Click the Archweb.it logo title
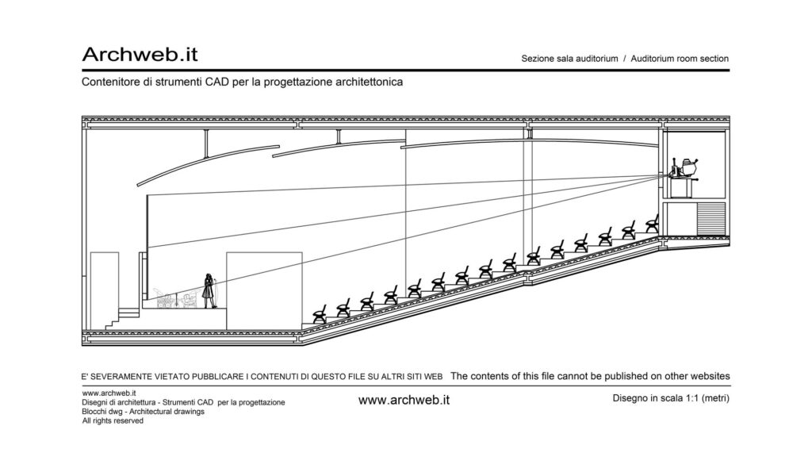point(140,55)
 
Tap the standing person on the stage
point(209,290)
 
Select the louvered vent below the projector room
point(710,218)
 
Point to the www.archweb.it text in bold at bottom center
point(404,400)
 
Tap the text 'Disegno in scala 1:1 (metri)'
point(671,398)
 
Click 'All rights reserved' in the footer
point(113,420)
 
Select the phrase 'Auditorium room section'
point(680,59)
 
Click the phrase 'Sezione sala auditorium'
point(569,59)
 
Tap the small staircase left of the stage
point(123,318)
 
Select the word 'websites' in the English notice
point(710,376)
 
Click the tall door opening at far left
point(105,291)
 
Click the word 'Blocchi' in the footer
point(94,412)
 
